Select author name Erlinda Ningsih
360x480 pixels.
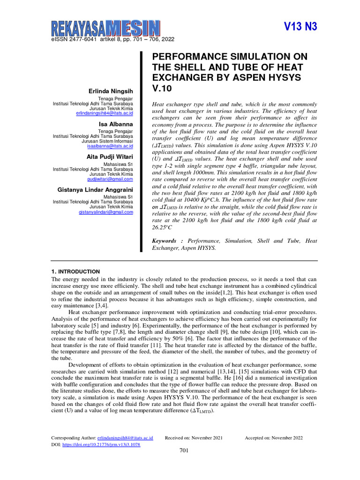coord(111,90)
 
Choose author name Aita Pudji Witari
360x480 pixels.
coord(109,157)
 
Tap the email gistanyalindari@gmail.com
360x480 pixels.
coord(105,212)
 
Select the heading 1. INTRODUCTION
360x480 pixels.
coord(75,271)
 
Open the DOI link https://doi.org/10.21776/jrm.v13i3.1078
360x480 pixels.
coord(101,444)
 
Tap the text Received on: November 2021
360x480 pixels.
coord(194,438)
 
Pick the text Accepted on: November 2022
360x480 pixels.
coord(273,438)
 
